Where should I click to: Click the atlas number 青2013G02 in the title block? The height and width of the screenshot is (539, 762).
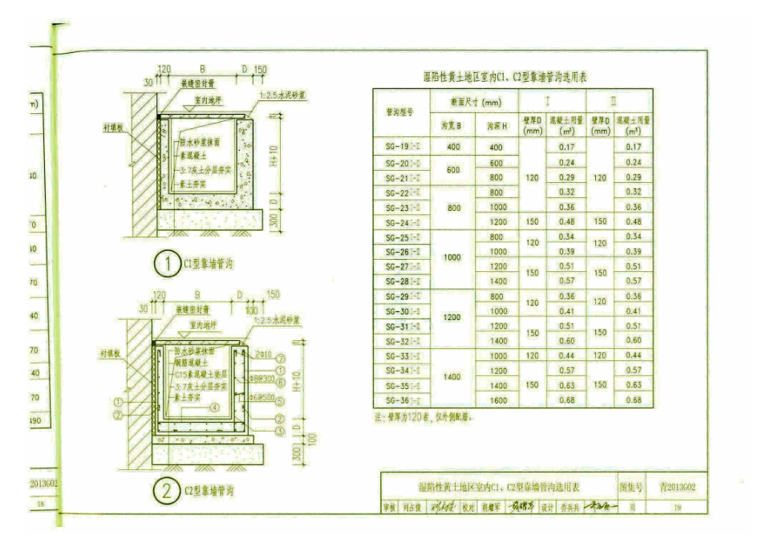pos(678,486)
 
